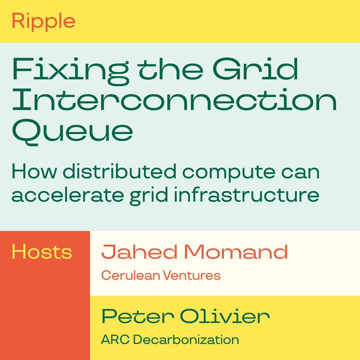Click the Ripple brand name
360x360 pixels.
click(x=44, y=22)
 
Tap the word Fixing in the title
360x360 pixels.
click(x=71, y=71)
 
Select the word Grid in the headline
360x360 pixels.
click(x=255, y=69)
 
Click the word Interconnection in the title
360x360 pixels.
click(x=174, y=100)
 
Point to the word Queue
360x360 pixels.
click(x=73, y=132)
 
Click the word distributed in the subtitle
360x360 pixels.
click(x=120, y=171)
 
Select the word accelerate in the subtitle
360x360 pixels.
click(x=68, y=195)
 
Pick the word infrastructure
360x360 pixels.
click(x=247, y=194)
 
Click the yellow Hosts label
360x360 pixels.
click(x=42, y=252)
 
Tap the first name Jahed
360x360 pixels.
click(x=139, y=252)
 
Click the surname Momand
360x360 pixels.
click(x=236, y=252)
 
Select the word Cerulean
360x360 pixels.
click(x=131, y=275)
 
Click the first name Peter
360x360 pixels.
click(x=138, y=316)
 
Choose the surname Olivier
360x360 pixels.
click(x=225, y=316)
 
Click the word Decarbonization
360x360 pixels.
click(x=186, y=339)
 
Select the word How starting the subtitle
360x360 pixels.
click(x=34, y=171)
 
